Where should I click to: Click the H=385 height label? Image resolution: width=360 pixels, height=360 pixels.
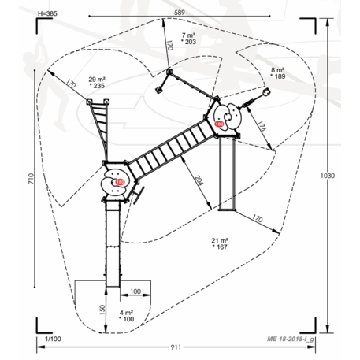tap(47, 13)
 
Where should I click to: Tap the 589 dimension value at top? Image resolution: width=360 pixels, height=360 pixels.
tap(180, 13)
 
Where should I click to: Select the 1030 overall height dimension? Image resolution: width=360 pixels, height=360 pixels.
tap(328, 176)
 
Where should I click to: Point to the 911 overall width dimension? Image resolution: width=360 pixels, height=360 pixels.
tap(176, 347)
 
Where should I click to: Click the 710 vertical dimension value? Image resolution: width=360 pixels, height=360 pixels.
tap(31, 178)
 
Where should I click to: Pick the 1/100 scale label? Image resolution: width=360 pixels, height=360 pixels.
tap(53, 339)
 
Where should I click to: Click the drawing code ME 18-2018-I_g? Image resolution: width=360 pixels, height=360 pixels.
tap(291, 339)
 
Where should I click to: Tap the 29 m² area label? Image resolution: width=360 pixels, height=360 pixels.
tap(97, 79)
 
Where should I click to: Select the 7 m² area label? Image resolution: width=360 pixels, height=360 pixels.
tap(188, 35)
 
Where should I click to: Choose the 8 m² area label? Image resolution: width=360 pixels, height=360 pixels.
tap(278, 70)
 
